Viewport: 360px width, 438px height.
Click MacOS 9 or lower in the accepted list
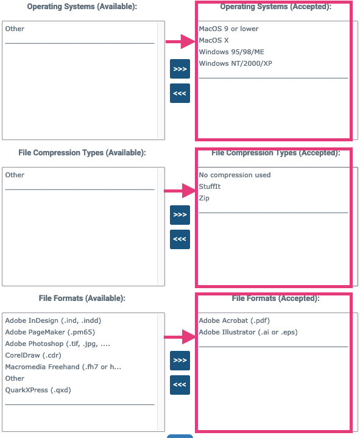[x=228, y=29]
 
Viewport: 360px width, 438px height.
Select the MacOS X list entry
[x=214, y=40]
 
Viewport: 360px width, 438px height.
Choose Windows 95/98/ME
[x=231, y=52]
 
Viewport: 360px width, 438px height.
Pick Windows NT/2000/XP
[x=236, y=64]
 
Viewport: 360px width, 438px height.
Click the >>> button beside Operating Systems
[x=180, y=69]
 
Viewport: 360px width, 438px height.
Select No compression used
[x=235, y=175]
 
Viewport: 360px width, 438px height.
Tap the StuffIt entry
[x=210, y=186]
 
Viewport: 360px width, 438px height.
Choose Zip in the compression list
[x=204, y=199]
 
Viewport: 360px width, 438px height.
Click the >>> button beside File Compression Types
[x=180, y=215]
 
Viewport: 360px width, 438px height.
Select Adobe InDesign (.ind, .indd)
[x=53, y=320]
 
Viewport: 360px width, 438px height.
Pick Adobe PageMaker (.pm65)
[x=50, y=333]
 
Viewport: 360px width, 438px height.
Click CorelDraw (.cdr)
[x=33, y=355]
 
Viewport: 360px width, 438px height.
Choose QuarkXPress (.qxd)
[x=38, y=390]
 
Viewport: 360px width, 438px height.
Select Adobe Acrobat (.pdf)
[x=235, y=320]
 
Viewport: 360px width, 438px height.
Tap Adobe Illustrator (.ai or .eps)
[x=249, y=333]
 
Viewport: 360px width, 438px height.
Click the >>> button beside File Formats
[x=180, y=361]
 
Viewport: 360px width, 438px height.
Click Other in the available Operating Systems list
[x=15, y=29]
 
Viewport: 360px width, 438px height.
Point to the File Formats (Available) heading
[x=82, y=298]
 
